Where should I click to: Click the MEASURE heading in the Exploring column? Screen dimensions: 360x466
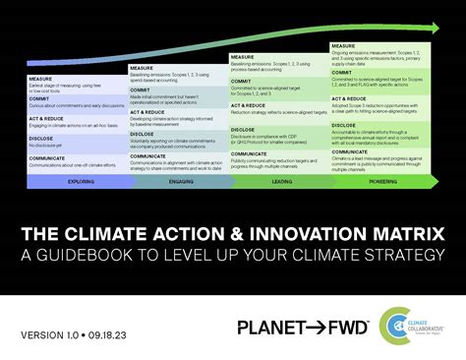(41, 80)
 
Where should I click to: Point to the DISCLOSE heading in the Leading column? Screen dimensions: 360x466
(243, 128)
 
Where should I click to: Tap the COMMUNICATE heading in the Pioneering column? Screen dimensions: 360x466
(349, 143)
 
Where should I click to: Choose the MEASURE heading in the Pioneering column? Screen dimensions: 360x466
(343, 45)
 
